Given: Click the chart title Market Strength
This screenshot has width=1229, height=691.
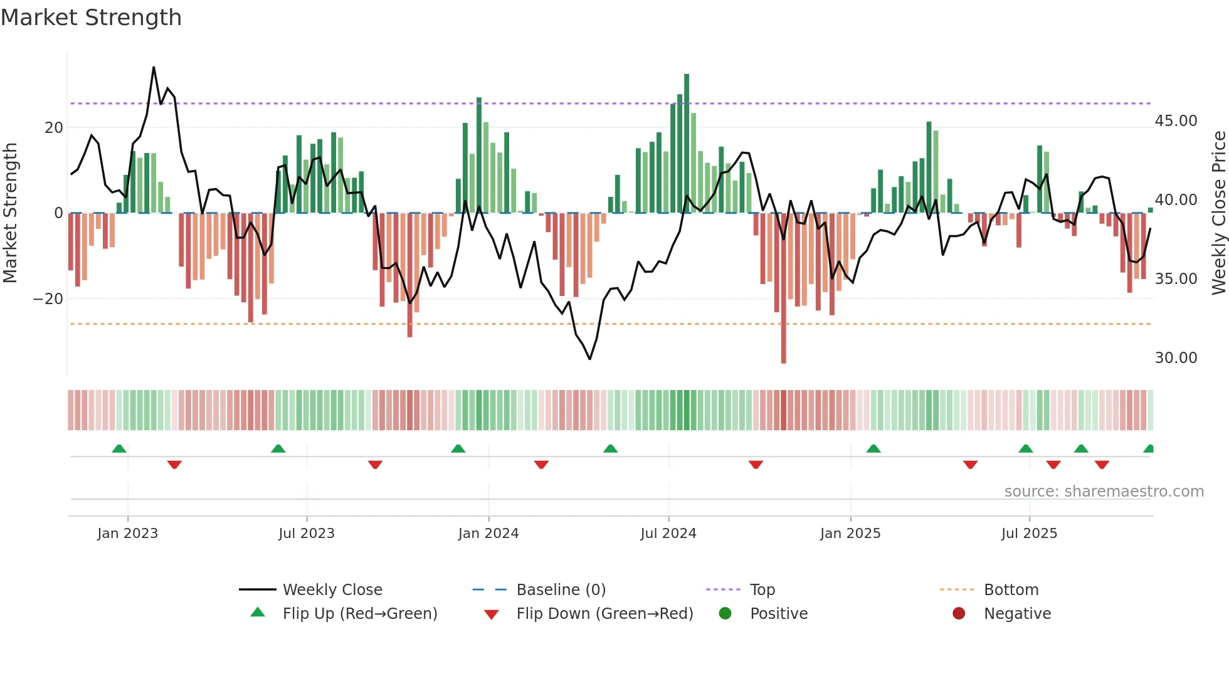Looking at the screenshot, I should click(x=91, y=18).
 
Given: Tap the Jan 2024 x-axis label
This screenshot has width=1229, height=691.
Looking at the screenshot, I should click(x=488, y=534).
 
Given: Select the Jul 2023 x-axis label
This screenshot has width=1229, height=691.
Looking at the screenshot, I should click(x=307, y=534).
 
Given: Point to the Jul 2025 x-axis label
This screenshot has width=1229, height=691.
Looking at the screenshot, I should click(x=1029, y=534).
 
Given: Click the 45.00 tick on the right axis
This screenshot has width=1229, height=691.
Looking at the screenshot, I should click(x=1176, y=121).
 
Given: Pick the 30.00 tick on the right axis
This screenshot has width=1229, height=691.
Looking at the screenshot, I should click(x=1176, y=358).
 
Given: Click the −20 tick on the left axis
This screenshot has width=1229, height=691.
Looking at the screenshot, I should click(x=48, y=299).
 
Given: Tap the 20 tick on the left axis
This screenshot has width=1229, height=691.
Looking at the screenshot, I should click(x=54, y=128).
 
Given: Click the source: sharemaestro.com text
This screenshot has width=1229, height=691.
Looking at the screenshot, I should click(x=1104, y=492).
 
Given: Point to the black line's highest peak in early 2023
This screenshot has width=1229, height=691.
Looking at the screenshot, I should click(x=154, y=68).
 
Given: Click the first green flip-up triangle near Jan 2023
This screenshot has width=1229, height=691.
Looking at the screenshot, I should click(x=119, y=448).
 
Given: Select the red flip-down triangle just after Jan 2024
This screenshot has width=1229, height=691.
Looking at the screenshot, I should click(x=541, y=465).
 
